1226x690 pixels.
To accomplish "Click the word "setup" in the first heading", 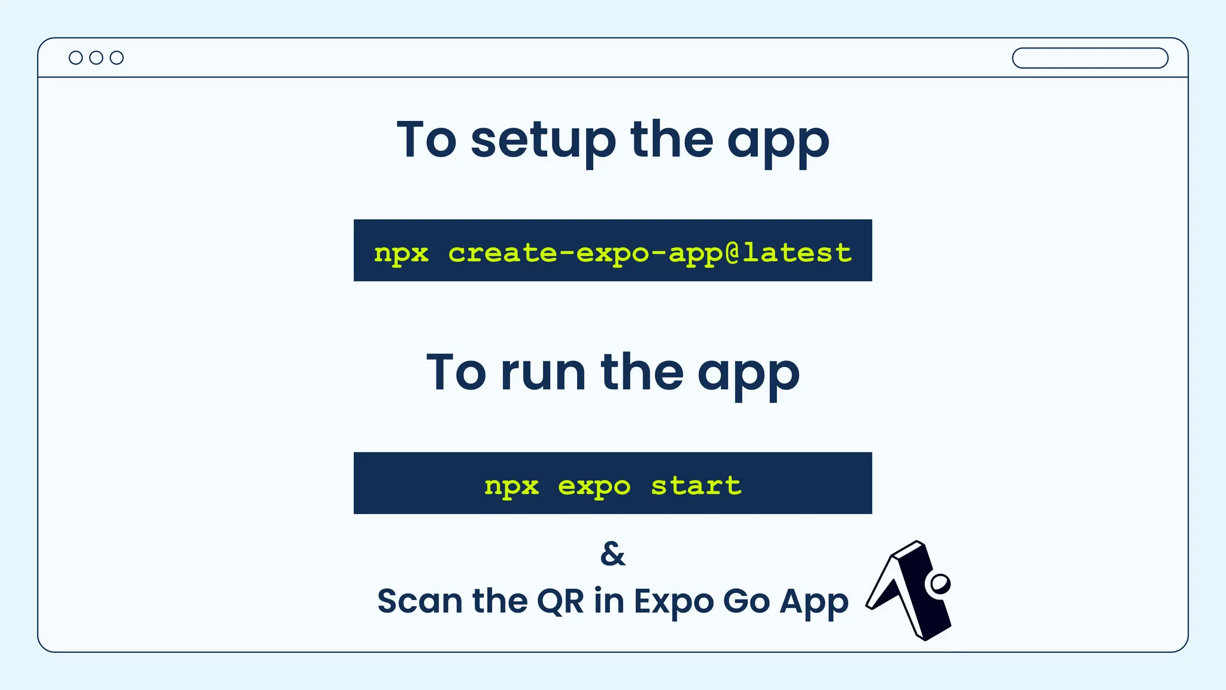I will pos(543,140).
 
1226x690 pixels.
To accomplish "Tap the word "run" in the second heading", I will pos(543,373).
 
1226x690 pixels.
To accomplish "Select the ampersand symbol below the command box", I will pos(612,553).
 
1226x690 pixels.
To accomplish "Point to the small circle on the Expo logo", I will pos(939,583).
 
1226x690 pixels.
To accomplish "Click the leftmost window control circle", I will pos(75,57).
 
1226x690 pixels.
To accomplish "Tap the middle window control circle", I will pos(96,57).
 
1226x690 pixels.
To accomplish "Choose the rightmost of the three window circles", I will pos(117,57).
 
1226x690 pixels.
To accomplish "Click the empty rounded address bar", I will pos(1090,58).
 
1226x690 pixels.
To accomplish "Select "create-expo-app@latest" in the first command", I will pos(650,253).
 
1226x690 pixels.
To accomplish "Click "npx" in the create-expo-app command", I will pos(401,253).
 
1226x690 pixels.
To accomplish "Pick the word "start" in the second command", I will pos(696,485).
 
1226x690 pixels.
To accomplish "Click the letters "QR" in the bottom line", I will pos(560,601).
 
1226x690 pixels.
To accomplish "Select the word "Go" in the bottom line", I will pos(746,601).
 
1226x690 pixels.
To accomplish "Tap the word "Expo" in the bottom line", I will pos(673,601).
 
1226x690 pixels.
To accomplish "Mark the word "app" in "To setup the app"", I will pos(778,141).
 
